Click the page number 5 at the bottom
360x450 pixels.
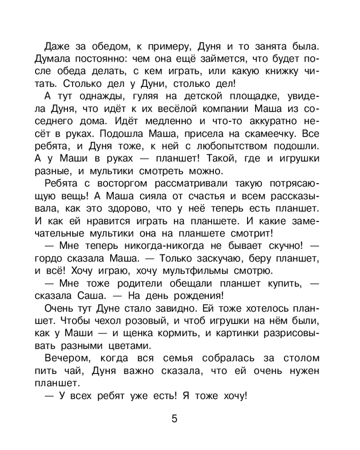pyautogui.click(x=175, y=419)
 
